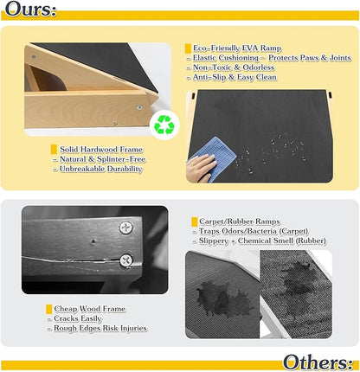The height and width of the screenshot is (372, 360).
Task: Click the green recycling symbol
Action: click(164, 125)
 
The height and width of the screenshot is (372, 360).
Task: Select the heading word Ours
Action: click(30, 10)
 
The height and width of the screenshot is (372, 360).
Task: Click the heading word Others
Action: click(318, 362)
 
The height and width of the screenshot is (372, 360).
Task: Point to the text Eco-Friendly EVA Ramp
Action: click(237, 48)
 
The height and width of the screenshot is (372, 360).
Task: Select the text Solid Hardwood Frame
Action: click(101, 149)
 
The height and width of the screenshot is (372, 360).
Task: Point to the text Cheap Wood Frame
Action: click(90, 309)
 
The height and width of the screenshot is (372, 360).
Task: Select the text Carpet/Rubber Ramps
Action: click(240, 221)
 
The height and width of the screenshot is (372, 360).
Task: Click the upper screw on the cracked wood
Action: click(126, 228)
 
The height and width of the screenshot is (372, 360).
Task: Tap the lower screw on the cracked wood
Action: click(126, 260)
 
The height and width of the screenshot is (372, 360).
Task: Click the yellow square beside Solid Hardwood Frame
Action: click(54, 149)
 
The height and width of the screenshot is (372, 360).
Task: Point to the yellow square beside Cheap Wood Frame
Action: click(48, 309)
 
